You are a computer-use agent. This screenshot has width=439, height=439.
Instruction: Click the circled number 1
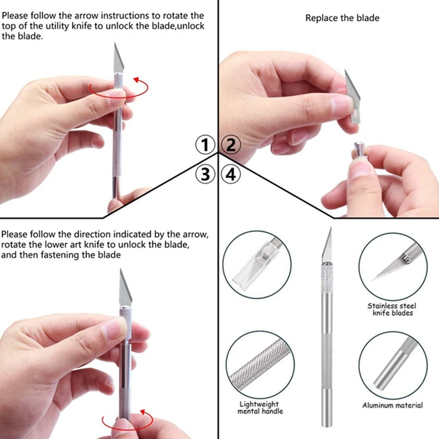(205, 145)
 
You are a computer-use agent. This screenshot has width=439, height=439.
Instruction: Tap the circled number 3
(205, 174)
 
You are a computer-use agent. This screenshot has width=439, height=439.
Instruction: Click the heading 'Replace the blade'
(342, 18)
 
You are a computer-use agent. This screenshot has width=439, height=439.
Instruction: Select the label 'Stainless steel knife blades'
(391, 309)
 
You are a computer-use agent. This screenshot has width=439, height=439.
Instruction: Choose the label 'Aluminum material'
(392, 406)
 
